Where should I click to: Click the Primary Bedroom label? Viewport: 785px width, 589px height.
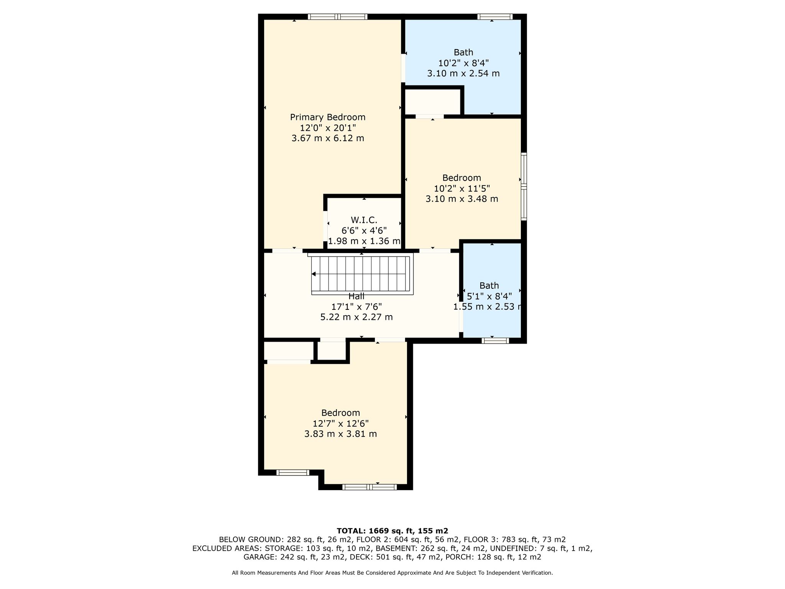328,117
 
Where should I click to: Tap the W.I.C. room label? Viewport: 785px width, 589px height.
364,220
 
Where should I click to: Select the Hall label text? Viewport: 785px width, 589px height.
356,296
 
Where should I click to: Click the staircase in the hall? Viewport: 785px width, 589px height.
360,274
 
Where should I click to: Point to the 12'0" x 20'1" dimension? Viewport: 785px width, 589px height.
328,128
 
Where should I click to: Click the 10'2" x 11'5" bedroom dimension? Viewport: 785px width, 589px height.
462,188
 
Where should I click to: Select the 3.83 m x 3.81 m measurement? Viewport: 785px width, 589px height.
340,434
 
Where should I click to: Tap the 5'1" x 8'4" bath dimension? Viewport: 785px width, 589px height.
489,296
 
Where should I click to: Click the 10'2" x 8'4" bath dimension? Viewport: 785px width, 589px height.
463,63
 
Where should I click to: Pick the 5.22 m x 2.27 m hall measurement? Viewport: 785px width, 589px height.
356,317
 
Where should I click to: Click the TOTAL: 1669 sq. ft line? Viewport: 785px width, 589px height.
392,531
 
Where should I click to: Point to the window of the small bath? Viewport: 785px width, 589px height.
495,341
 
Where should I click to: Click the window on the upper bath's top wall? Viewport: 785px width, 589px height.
495,16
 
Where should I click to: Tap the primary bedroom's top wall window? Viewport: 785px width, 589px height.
337,16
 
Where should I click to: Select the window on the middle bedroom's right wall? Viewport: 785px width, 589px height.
524,186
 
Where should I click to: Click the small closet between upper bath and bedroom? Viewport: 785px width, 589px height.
433,102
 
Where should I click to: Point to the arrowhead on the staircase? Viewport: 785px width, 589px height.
314,274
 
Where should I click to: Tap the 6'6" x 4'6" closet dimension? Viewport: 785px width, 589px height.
364,230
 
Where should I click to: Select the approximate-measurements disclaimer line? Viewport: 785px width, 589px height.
392,573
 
